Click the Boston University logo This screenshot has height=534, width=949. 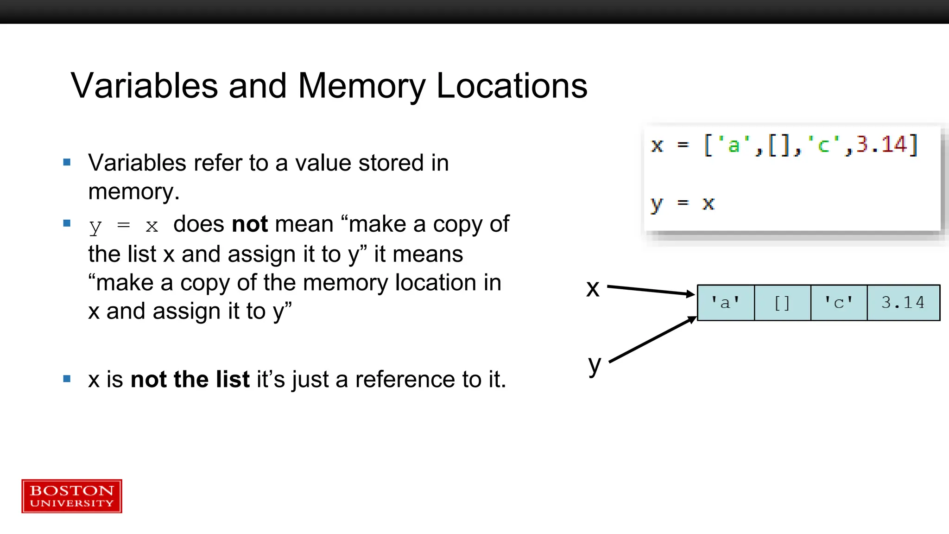coord(72,496)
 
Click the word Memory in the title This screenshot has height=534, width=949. coord(361,86)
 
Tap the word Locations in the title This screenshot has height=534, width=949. coord(512,86)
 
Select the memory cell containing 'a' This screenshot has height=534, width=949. coord(726,303)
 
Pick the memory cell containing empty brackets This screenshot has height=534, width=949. coord(782,303)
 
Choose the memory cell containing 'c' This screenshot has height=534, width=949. coord(839,303)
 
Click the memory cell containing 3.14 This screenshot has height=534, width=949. coord(903,303)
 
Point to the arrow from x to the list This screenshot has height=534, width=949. coord(651,290)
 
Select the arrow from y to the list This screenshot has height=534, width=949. coord(652,339)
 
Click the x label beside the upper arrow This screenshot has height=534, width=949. coord(593,288)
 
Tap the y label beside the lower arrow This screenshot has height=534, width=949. coord(595,365)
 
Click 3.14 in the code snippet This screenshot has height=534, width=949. coord(881,145)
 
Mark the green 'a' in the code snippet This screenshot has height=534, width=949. coord(734,145)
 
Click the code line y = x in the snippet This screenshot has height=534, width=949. coord(683,203)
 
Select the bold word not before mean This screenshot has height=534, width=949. coord(250,224)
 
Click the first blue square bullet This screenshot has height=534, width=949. coord(67,162)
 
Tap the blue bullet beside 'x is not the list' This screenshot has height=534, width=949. coord(67,379)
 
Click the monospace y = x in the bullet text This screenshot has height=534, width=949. coord(124,226)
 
